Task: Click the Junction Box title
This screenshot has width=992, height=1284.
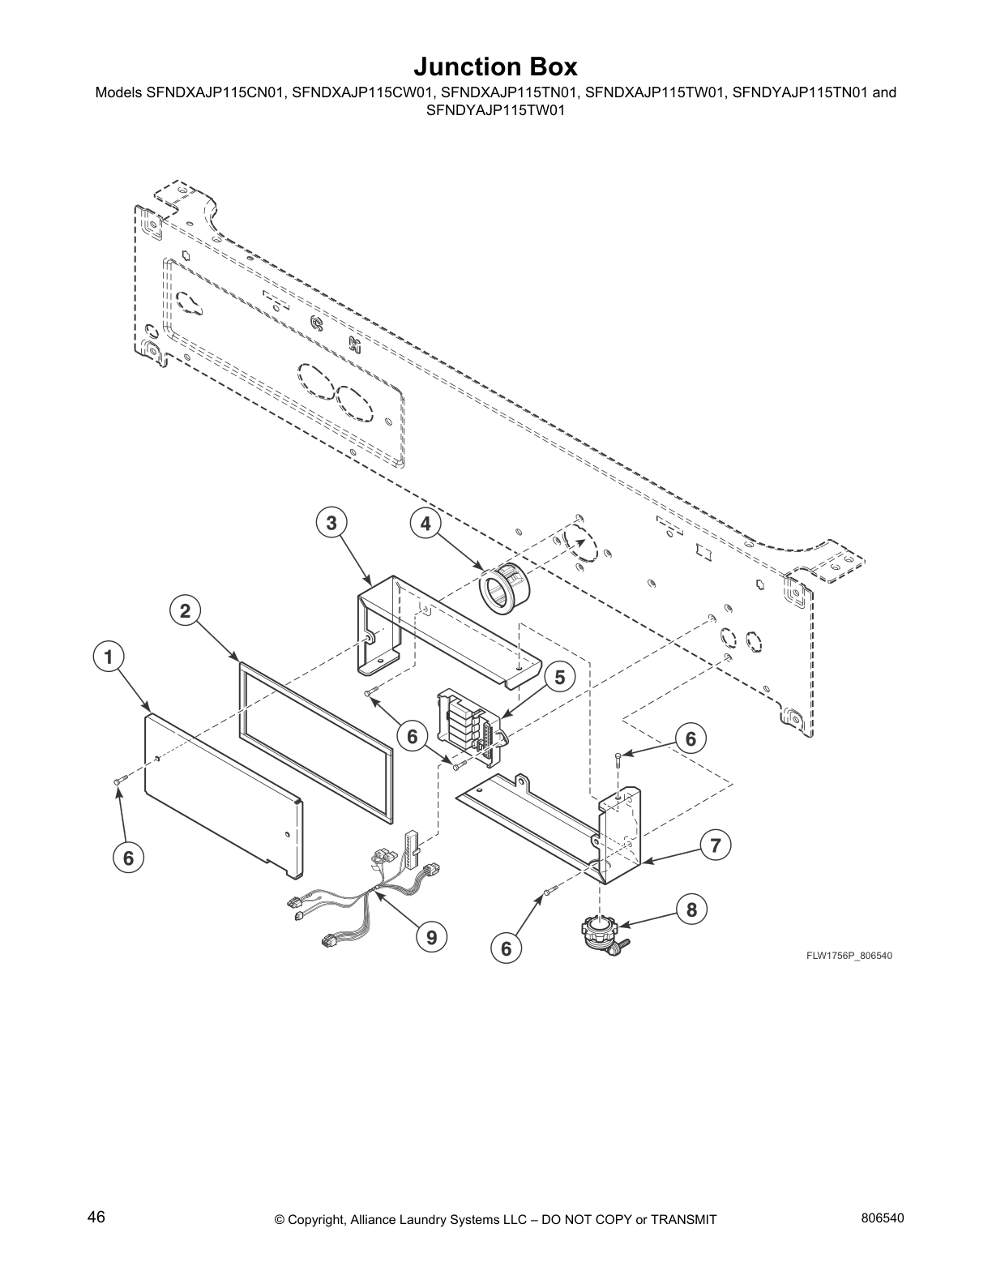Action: click(495, 66)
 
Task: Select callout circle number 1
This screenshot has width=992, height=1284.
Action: click(109, 657)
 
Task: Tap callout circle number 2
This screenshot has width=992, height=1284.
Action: click(186, 611)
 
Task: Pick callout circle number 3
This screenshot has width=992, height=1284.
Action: click(331, 524)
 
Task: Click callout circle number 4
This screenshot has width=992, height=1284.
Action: click(425, 524)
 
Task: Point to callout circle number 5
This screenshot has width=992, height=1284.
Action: click(560, 677)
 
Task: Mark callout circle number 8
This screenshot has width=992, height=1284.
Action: click(691, 909)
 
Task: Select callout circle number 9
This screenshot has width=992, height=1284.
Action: click(431, 938)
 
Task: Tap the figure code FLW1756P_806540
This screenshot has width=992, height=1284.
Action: click(849, 956)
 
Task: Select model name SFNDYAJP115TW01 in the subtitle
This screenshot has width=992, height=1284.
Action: click(495, 110)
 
